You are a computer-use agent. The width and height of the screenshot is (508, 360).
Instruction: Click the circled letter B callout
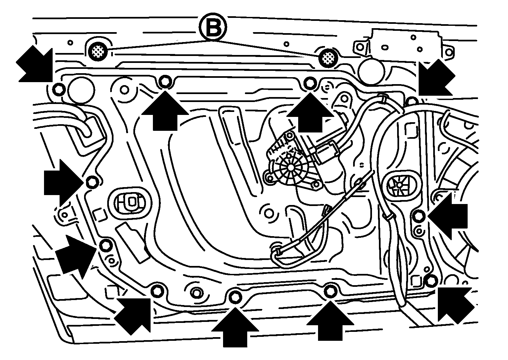pyautogui.click(x=213, y=27)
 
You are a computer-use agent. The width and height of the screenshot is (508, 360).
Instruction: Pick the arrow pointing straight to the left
pyautogui.click(x=447, y=216)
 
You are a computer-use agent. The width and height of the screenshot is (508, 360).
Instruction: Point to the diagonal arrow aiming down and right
pyautogui.click(x=34, y=64)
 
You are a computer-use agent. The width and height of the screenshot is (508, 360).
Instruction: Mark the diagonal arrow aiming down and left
pyautogui.click(x=437, y=77)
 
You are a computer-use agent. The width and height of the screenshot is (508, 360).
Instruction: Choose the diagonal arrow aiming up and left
pyautogui.click(x=456, y=306)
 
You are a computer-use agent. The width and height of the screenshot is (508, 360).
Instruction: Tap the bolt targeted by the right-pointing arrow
pyautogui.click(x=92, y=182)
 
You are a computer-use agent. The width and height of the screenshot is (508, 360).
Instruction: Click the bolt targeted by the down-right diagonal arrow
pyautogui.click(x=59, y=89)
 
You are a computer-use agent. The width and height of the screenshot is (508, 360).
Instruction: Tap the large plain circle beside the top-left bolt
pyautogui.click(x=81, y=90)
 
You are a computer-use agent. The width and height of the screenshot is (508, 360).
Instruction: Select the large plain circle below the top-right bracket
pyautogui.click(x=371, y=71)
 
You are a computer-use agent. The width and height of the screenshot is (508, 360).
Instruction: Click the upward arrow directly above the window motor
pyautogui.click(x=310, y=112)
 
